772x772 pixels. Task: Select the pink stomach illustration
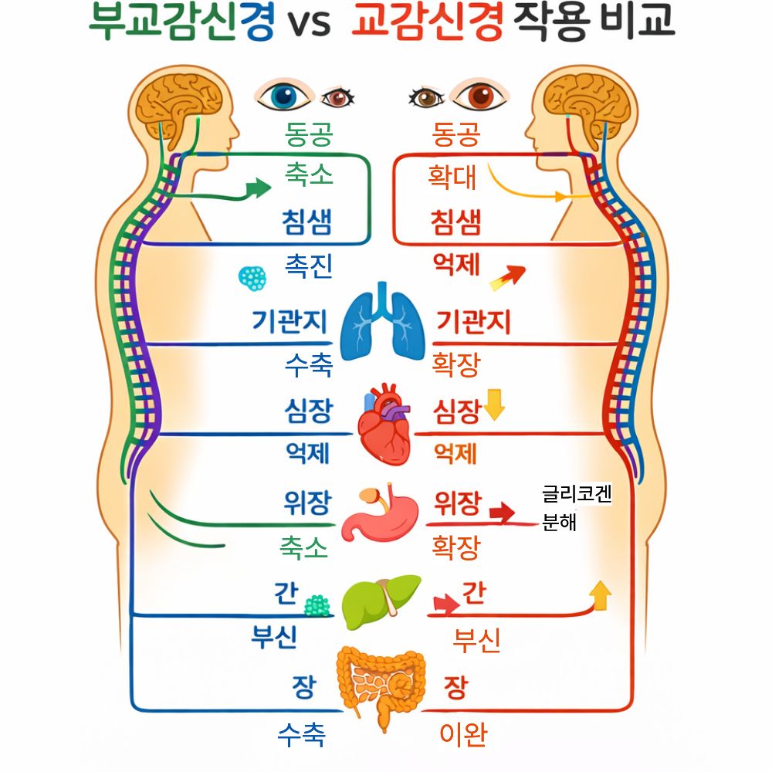tap(383, 514)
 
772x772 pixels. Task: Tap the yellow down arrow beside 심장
tap(493, 406)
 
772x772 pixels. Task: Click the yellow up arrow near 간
tap(599, 595)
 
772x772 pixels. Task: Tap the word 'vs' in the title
tap(310, 24)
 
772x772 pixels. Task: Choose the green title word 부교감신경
tap(182, 23)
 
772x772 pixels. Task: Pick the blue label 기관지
tap(289, 321)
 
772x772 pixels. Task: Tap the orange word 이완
tap(463, 734)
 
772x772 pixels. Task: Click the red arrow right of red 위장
tap(503, 511)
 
